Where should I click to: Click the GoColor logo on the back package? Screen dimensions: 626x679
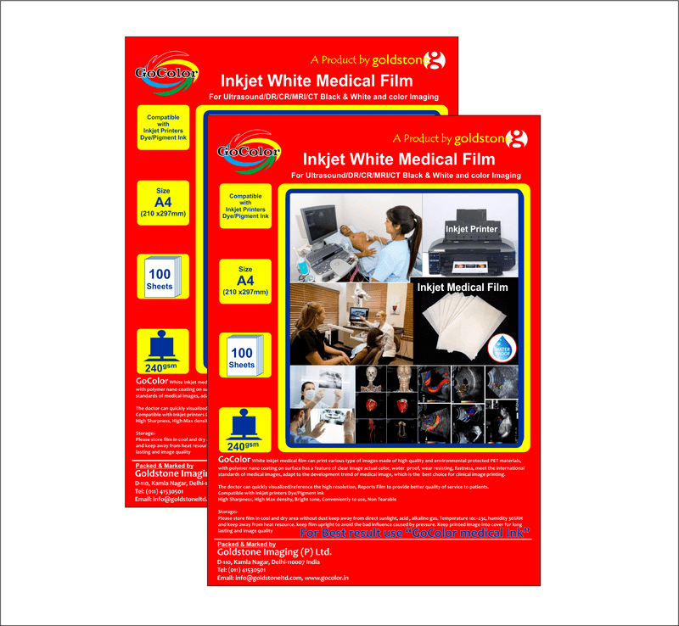[x=165, y=75]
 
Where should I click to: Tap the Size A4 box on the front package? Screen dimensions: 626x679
[x=245, y=281]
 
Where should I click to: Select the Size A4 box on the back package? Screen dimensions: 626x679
[x=164, y=202]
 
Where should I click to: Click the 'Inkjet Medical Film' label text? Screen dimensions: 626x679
[x=463, y=288]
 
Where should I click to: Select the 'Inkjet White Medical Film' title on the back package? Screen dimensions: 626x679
[x=317, y=81]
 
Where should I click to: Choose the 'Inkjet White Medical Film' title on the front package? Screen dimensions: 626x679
[x=399, y=159]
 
